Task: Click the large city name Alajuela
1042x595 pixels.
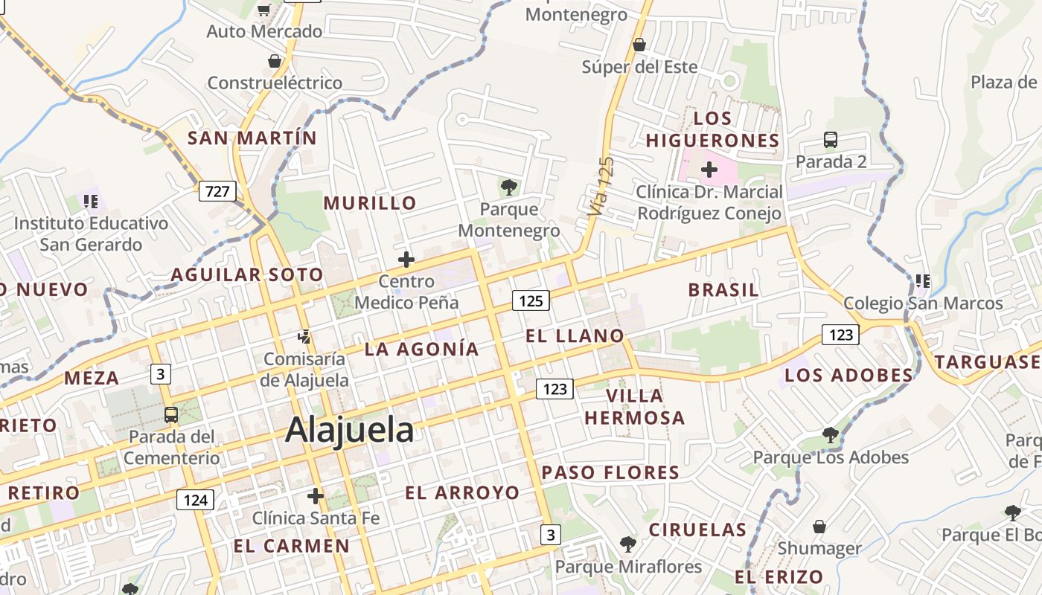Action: click(x=349, y=430)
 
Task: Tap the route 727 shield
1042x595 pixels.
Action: click(x=217, y=191)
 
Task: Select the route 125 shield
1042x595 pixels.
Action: click(x=531, y=300)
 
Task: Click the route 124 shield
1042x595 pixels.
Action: click(x=195, y=499)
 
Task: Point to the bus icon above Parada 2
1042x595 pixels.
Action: click(x=831, y=139)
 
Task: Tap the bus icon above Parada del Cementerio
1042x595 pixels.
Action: click(x=171, y=414)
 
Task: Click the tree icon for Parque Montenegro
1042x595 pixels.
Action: click(x=509, y=187)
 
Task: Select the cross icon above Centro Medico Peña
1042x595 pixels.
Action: click(x=406, y=260)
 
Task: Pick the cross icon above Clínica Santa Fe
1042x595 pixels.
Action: click(x=316, y=495)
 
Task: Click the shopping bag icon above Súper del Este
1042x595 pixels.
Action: click(x=639, y=45)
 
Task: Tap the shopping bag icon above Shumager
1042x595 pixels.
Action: click(x=819, y=527)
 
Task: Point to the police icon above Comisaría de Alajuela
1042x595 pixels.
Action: click(x=304, y=337)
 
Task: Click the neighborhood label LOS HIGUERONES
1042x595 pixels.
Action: click(x=712, y=129)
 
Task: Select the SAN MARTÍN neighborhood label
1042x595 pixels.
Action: click(x=252, y=138)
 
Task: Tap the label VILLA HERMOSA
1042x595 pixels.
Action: click(x=635, y=406)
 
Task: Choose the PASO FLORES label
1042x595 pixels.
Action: click(x=610, y=472)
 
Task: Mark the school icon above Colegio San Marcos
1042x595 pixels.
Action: click(x=923, y=281)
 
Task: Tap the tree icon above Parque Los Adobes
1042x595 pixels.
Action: click(x=831, y=435)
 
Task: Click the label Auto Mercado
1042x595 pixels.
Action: click(x=264, y=31)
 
